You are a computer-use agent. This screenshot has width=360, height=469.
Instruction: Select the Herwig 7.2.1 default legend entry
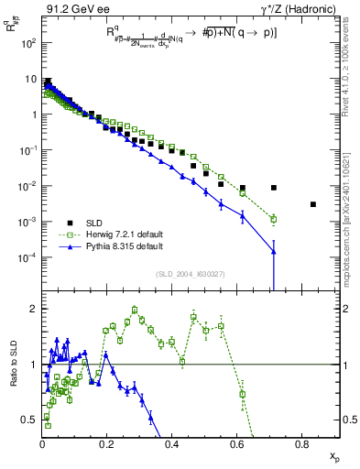(125, 234)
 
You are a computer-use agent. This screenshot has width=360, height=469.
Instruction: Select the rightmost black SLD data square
(313, 204)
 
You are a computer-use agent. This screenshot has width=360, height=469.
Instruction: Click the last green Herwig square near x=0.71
(274, 219)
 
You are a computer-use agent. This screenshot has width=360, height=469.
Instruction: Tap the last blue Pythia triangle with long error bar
(274, 251)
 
